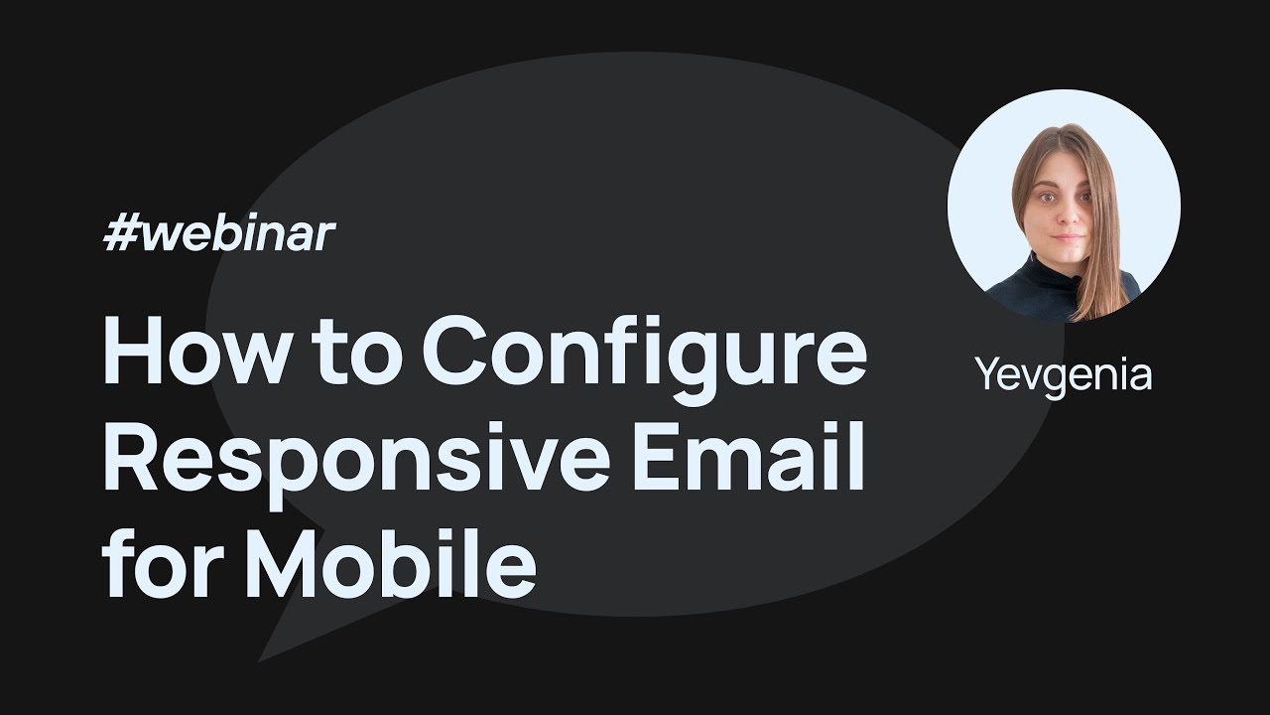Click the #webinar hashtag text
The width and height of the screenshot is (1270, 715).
[x=219, y=235]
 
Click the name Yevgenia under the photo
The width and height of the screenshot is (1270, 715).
[x=1063, y=375]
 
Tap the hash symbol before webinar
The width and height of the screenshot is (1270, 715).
[x=120, y=235]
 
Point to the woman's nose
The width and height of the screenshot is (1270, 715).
[x=1067, y=216]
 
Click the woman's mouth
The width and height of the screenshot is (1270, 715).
[x=1068, y=238]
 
